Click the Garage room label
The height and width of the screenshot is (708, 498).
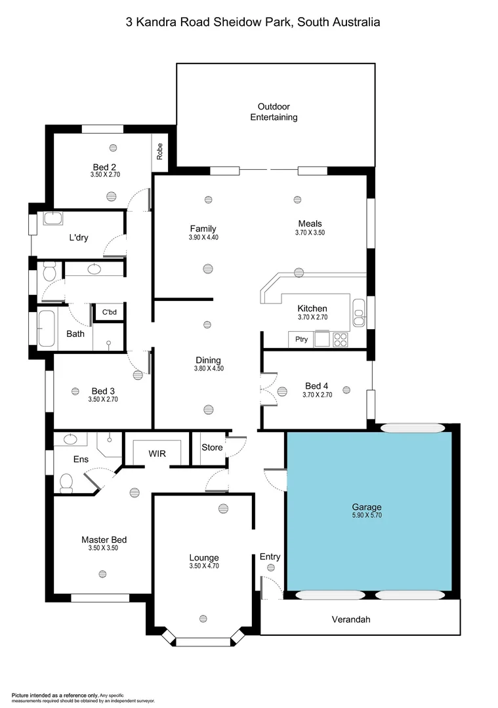point(366,507)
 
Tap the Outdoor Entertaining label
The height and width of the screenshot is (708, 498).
point(274,111)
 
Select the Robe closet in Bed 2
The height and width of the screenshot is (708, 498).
point(159,151)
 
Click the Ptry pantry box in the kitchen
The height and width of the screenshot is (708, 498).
point(301,339)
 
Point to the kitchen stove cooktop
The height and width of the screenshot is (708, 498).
point(341,340)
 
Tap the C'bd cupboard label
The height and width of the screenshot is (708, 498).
point(108,312)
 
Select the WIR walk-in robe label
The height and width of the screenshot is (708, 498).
point(157,453)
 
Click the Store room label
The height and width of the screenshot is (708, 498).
point(211,448)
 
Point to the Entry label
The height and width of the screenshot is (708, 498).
point(270,557)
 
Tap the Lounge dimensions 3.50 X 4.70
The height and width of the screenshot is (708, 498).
point(203,566)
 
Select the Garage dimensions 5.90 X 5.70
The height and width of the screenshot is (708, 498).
point(366,515)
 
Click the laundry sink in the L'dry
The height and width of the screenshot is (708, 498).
point(52,218)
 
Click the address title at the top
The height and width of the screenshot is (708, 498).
point(253,22)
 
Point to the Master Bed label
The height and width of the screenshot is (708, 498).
point(104,540)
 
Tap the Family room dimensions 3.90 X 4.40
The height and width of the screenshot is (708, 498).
point(203,237)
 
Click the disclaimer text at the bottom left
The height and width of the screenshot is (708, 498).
point(82,697)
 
